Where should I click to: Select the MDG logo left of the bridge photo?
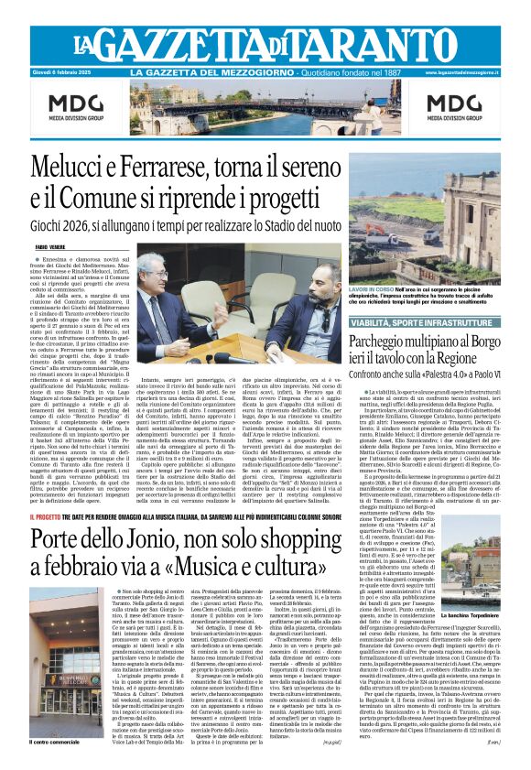point(79,108)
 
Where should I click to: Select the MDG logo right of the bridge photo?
point(450,108)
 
